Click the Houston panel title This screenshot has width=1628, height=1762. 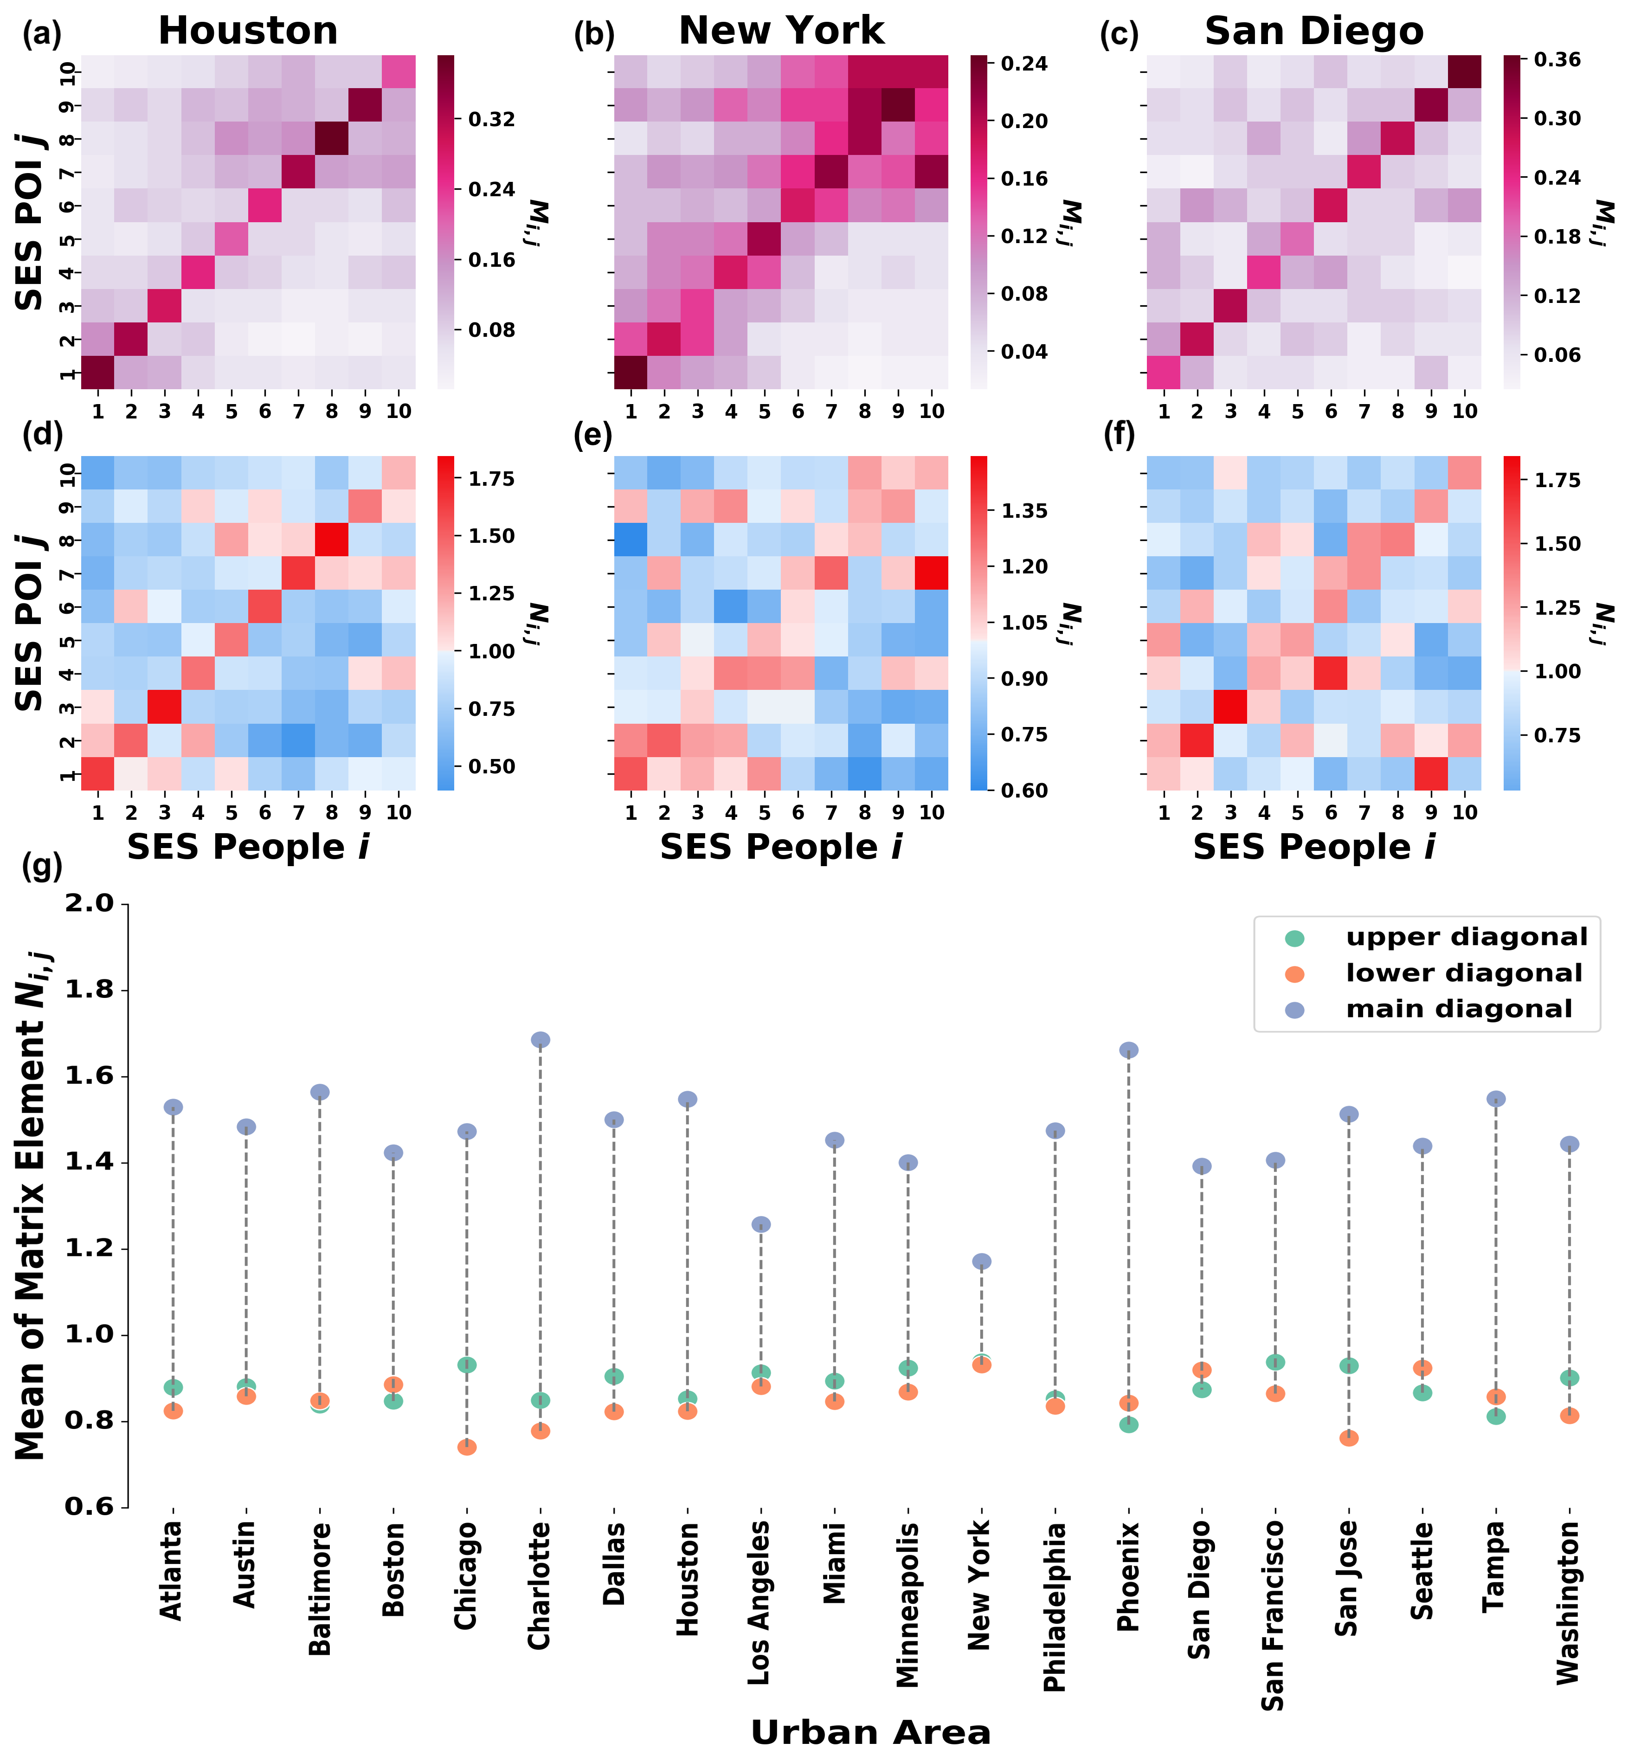point(248,32)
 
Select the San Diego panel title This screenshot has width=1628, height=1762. point(1313,32)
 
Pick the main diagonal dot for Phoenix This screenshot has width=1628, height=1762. point(1128,1050)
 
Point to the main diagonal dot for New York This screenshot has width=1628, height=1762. point(981,1261)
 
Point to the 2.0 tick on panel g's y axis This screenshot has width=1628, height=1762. point(90,904)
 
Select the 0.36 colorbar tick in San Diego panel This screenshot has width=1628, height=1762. point(1557,60)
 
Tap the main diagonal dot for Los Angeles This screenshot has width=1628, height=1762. point(761,1225)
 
